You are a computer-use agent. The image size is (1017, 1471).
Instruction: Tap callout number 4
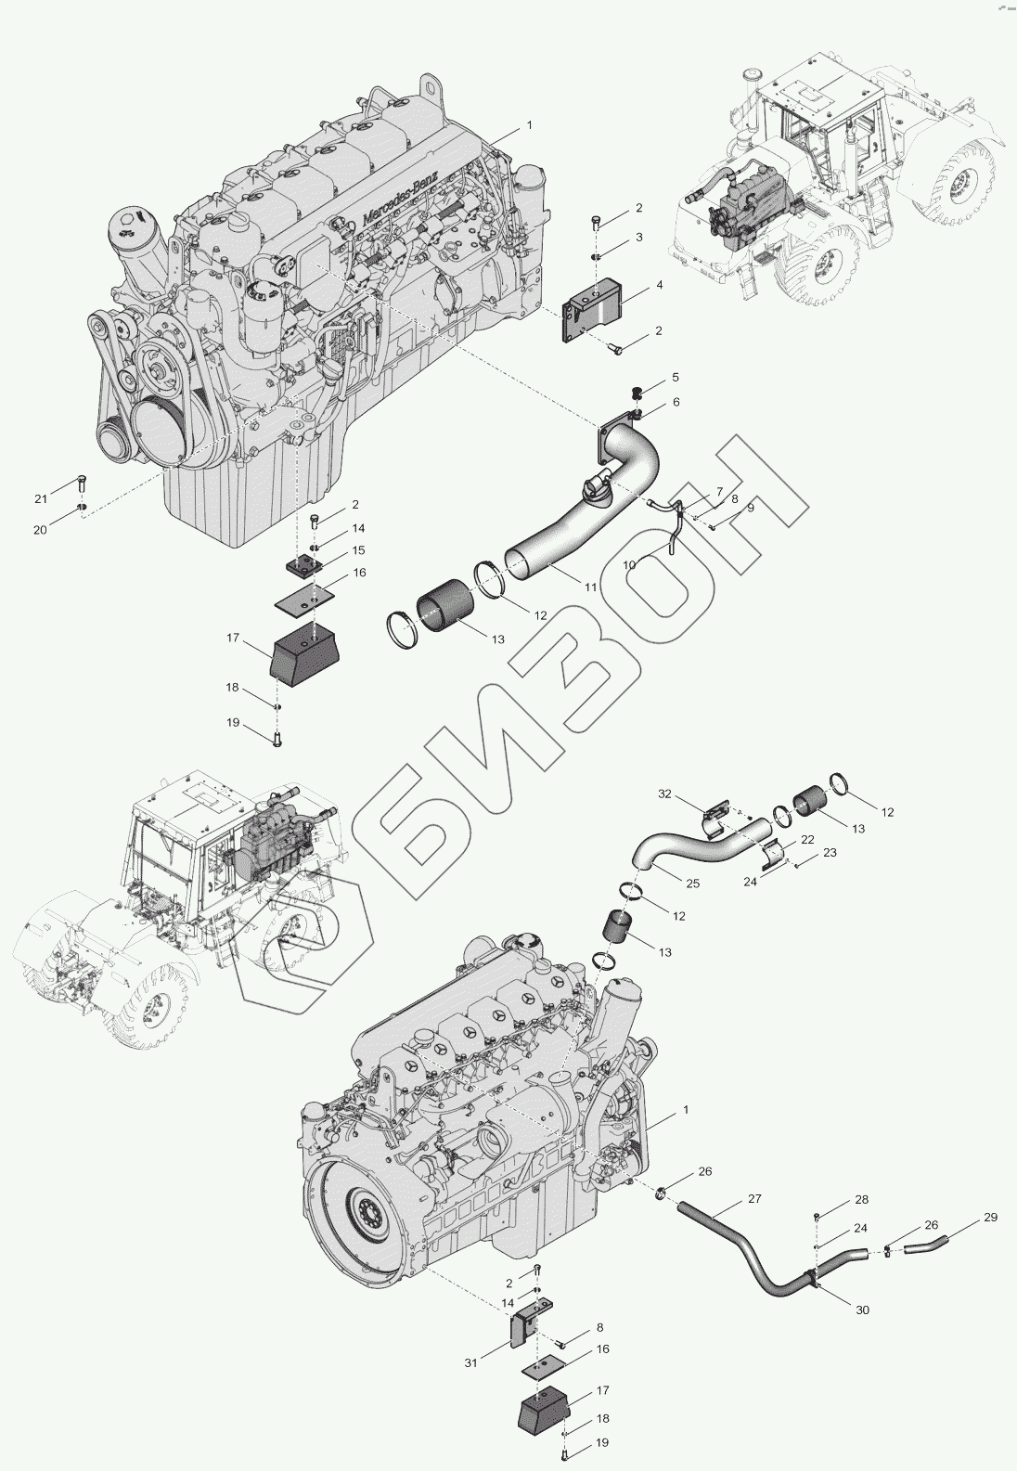659,285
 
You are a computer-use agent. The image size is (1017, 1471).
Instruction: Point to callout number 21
41,499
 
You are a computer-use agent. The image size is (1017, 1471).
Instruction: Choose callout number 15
359,551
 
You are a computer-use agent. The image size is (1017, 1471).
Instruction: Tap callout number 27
754,1199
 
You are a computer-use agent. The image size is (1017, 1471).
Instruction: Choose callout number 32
663,794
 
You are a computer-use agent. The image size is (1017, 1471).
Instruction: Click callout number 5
676,378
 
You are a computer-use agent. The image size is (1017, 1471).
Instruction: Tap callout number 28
861,1200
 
